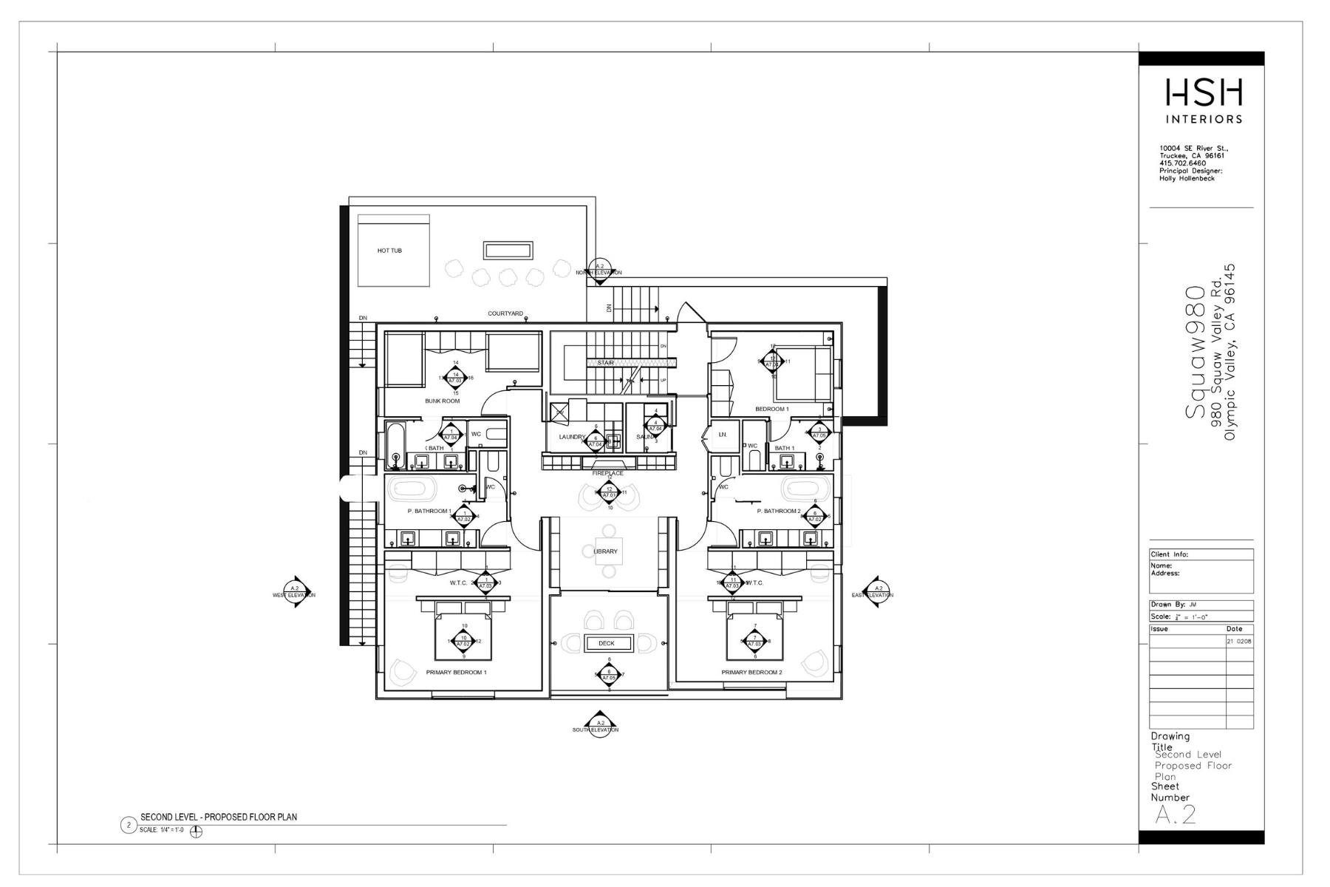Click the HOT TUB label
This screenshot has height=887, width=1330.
click(389, 251)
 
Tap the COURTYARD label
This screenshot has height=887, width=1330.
click(505, 313)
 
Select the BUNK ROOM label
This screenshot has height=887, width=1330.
click(442, 401)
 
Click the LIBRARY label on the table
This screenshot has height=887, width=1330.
click(605, 551)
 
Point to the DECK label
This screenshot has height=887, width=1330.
click(607, 643)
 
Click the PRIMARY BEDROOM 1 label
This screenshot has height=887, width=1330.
click(456, 673)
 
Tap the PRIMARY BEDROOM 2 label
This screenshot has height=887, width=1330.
click(751, 673)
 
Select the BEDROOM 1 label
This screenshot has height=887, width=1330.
click(771, 409)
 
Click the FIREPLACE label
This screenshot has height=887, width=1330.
click(607, 473)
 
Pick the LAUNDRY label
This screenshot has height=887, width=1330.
click(572, 437)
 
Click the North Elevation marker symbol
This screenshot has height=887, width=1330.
click(599, 267)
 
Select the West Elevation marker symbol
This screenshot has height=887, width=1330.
click(295, 591)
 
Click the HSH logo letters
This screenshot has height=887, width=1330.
click(1204, 93)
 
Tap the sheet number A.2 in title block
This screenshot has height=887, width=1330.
click(1175, 815)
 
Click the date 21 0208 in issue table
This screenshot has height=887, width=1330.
click(1239, 642)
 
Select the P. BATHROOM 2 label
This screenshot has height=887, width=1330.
click(778, 511)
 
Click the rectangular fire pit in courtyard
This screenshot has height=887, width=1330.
click(508, 250)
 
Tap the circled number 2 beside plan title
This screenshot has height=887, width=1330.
click(129, 825)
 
